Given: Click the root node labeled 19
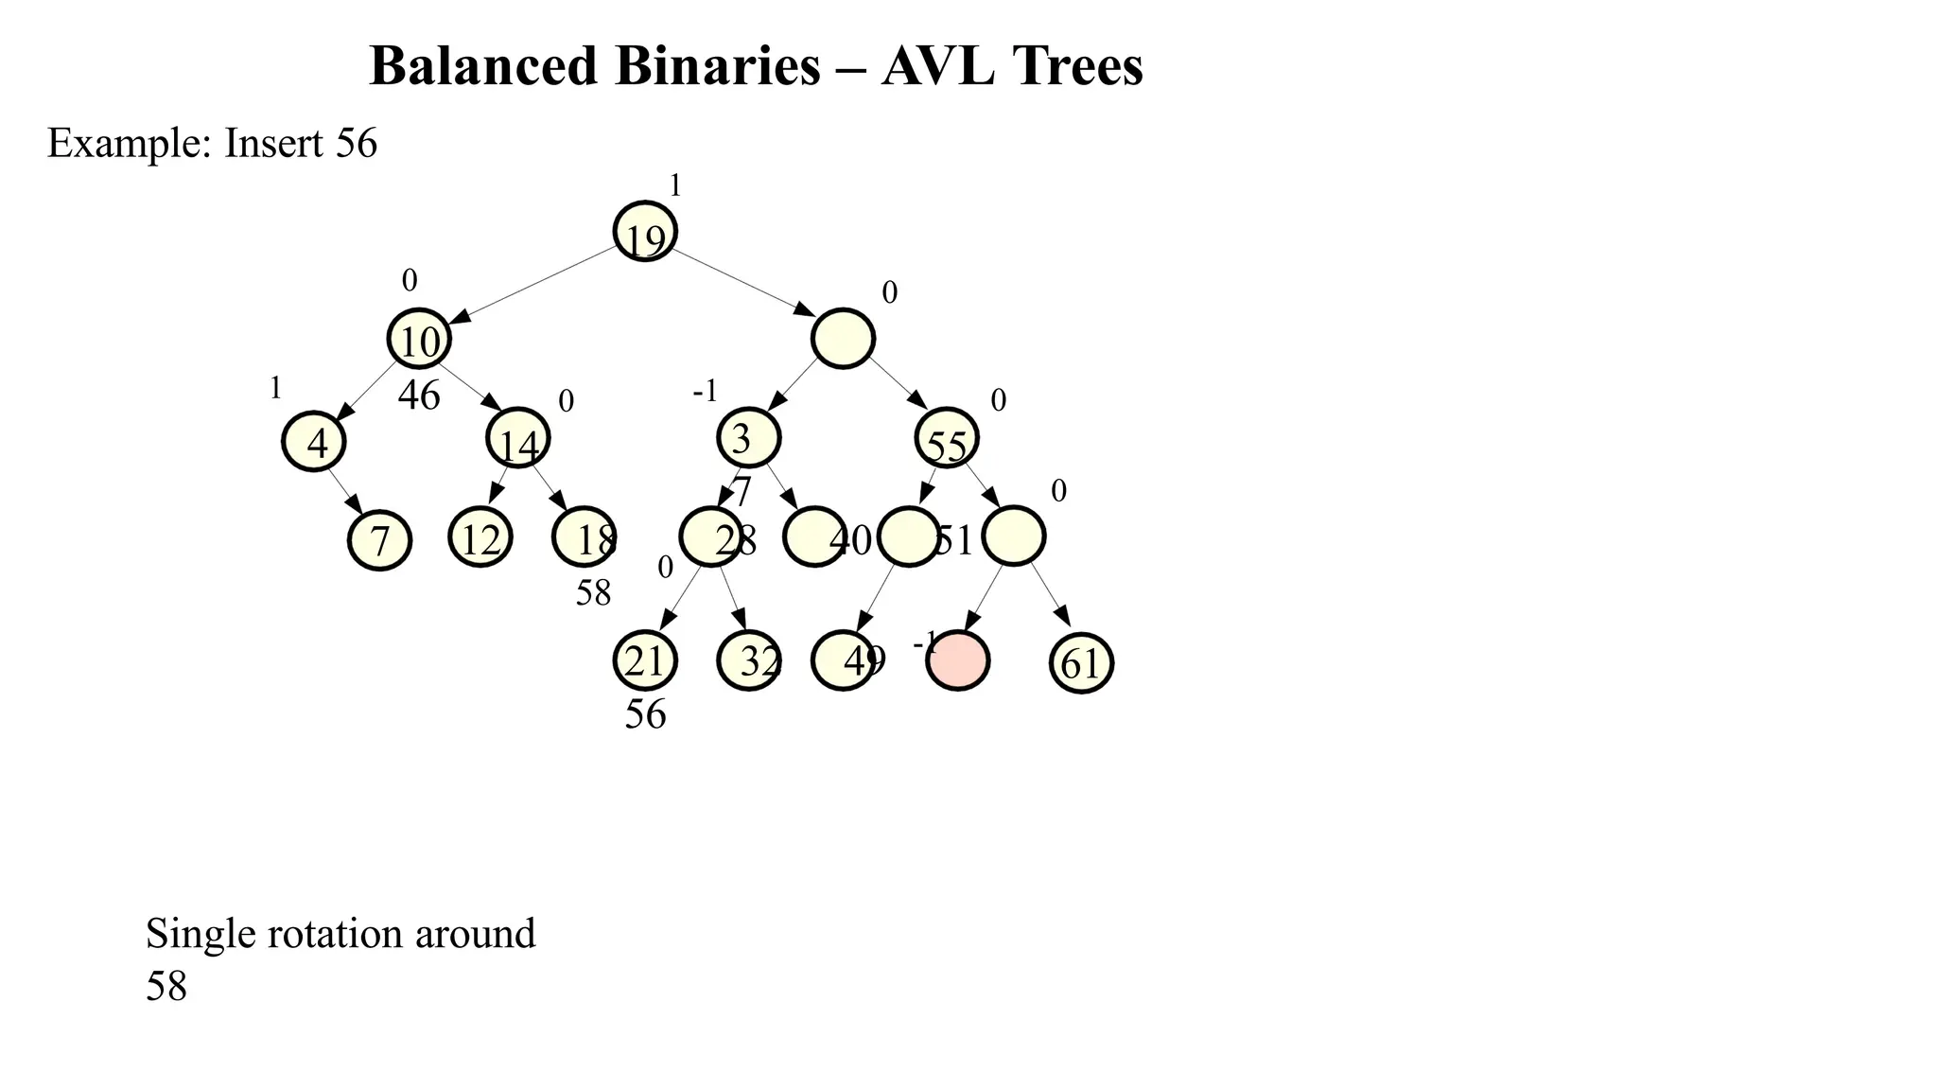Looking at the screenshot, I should [645, 232].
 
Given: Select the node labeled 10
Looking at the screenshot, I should [419, 339].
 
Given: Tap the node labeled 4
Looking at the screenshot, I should [314, 442].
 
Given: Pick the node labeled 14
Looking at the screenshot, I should [518, 438].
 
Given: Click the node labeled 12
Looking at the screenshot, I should [480, 537].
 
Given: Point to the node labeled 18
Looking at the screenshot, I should [584, 537].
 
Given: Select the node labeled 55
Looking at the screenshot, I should [947, 438].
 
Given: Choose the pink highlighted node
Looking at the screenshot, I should [958, 660].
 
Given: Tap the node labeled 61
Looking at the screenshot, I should [1081, 662].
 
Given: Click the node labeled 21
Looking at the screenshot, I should [645, 660].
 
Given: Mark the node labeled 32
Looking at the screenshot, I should [749, 660].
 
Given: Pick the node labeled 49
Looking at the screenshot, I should [843, 660].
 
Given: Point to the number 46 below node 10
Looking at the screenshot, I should [419, 396].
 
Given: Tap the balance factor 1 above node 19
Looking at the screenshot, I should [675, 186].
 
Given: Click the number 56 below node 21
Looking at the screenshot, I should [645, 714].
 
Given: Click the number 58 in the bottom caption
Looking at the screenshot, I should [166, 987].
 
